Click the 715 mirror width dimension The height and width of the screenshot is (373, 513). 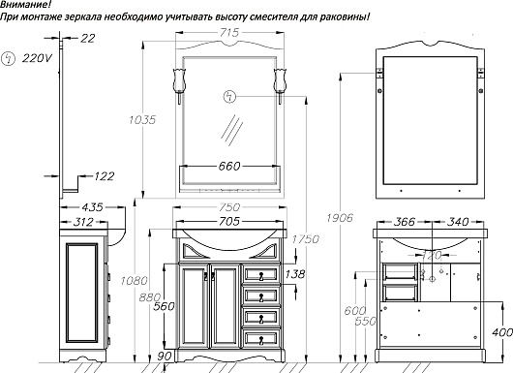coord(229,32)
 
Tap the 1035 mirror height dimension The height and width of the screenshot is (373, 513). coord(142,120)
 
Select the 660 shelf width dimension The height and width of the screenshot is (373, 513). coord(229,166)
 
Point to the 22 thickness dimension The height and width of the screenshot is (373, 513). coord(88,39)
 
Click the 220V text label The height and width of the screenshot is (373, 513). coord(37,59)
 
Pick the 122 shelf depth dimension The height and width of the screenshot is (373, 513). coord(104,176)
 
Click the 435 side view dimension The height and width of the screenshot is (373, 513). coord(92,207)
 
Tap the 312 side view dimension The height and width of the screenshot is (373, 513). coord(83,222)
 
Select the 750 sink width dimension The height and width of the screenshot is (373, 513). coord(229,207)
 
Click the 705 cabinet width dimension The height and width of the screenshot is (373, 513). coord(229,222)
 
